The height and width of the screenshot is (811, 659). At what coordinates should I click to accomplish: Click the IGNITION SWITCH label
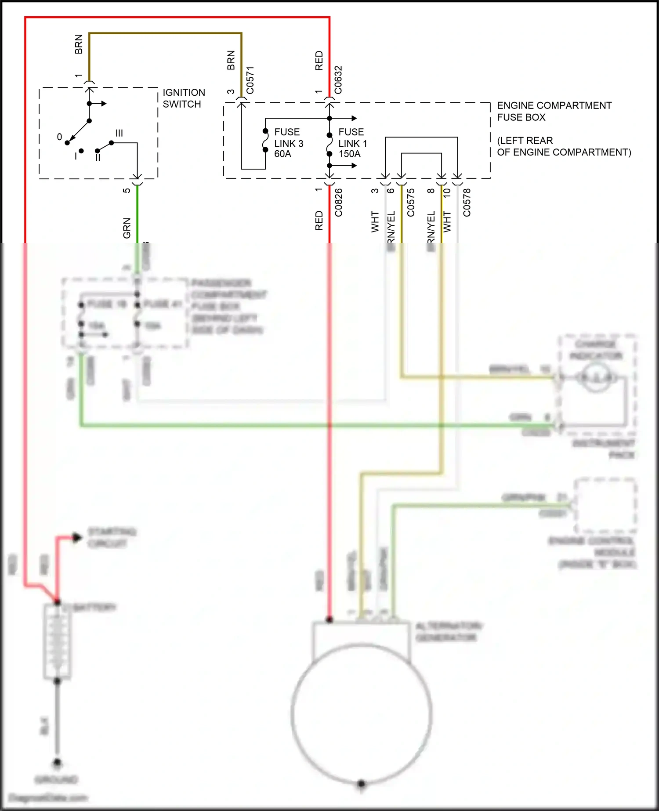click(x=184, y=98)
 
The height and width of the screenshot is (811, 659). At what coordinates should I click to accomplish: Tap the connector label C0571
click(x=250, y=80)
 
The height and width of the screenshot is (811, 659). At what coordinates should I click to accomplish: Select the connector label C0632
click(x=338, y=80)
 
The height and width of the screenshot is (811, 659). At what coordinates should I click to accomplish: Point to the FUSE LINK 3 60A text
click(x=289, y=143)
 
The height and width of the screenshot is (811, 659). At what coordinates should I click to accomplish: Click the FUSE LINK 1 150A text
click(x=352, y=143)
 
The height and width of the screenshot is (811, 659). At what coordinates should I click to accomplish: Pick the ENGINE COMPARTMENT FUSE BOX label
click(x=554, y=111)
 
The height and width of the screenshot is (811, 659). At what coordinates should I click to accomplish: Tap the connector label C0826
click(x=338, y=203)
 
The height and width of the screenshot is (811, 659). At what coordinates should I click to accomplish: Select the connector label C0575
click(x=411, y=203)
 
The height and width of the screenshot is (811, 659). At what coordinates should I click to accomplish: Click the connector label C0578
click(x=467, y=203)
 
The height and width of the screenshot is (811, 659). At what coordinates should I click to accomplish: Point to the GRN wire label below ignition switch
click(x=127, y=228)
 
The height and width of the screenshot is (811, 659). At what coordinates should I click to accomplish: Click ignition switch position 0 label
click(x=59, y=137)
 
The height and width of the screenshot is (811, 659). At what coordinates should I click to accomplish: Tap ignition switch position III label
click(x=119, y=133)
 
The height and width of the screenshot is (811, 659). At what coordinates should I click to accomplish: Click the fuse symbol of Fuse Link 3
click(x=265, y=141)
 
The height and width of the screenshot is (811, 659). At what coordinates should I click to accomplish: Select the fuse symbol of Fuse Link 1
click(x=329, y=145)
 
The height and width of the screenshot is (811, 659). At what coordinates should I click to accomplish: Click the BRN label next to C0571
click(x=231, y=61)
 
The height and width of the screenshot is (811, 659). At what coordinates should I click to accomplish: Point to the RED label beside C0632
click(x=319, y=61)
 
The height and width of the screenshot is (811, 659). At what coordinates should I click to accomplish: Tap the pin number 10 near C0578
click(x=447, y=192)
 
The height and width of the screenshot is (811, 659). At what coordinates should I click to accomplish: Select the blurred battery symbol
click(x=57, y=641)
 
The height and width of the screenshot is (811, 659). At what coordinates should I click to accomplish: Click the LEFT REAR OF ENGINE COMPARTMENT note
click(x=564, y=146)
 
